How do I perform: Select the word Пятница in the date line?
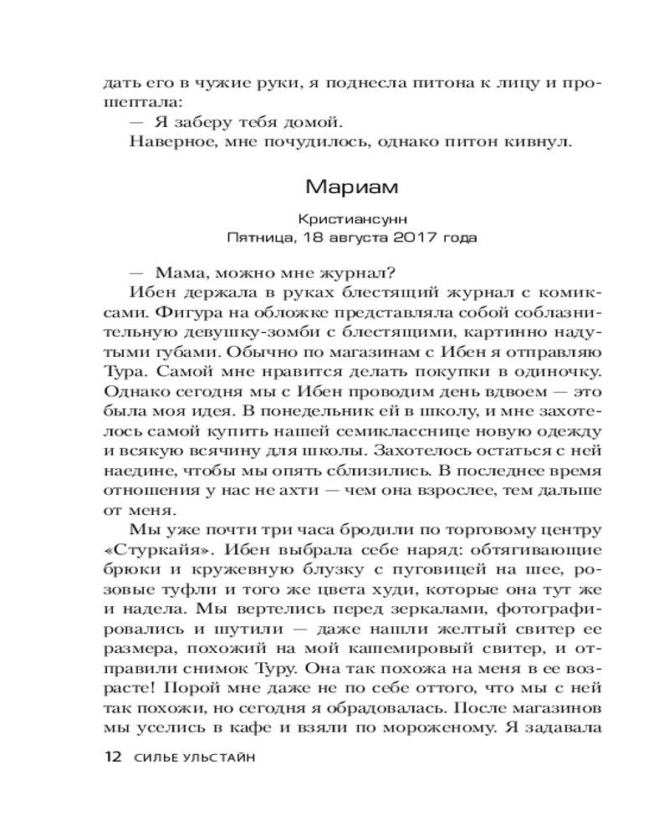coord(258,237)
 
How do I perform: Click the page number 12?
coord(112,757)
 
